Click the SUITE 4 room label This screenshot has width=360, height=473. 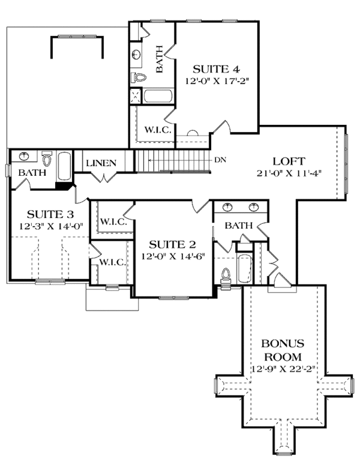pyautogui.click(x=208, y=68)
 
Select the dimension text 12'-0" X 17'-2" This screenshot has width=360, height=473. pyautogui.click(x=208, y=80)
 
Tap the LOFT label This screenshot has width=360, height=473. pyautogui.click(x=289, y=161)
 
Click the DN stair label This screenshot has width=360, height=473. pyautogui.click(x=220, y=160)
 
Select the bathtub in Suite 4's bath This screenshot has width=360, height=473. pyautogui.click(x=158, y=96)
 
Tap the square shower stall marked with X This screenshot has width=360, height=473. pyautogui.click(x=135, y=96)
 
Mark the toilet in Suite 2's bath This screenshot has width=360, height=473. pyautogui.click(x=226, y=275)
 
